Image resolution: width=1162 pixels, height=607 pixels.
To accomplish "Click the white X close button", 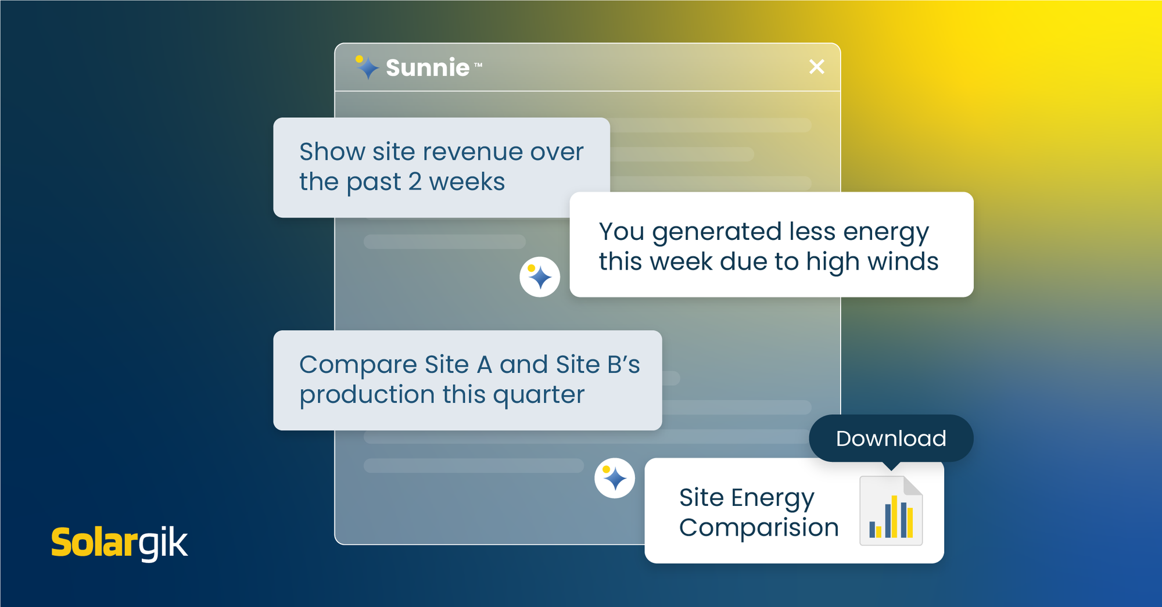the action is pos(817,67).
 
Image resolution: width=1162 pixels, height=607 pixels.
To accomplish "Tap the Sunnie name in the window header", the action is pos(428,68).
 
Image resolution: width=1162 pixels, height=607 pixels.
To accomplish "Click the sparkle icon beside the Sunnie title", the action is pos(367,67).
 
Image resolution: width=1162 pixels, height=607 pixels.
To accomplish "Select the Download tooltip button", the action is pos(891,439).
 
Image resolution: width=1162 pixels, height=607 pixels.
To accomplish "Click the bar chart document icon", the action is pos(891,511).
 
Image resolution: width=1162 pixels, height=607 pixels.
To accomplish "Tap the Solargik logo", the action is pos(120,543).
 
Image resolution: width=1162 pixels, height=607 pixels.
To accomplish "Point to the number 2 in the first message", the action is pos(415,182).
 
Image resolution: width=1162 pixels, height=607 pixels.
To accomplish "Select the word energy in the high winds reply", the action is pos(886,232).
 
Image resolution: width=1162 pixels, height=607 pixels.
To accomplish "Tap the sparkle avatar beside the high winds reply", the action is pos(540,277).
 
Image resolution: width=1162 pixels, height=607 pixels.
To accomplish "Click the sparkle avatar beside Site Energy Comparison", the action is pos(615,478).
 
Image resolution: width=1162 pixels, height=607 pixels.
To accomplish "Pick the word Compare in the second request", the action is pos(358,365).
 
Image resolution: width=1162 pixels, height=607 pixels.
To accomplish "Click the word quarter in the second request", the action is pos(539,396).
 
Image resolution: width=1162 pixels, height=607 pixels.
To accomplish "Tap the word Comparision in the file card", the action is pos(759,528).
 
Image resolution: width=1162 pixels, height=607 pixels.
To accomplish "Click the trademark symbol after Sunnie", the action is pos(478,64).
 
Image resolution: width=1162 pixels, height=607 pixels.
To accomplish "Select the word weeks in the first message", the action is pos(467,182).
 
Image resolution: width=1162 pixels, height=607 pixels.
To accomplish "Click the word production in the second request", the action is pos(367,396).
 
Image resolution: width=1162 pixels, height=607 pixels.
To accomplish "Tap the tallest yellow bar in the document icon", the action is pos(894,516).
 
